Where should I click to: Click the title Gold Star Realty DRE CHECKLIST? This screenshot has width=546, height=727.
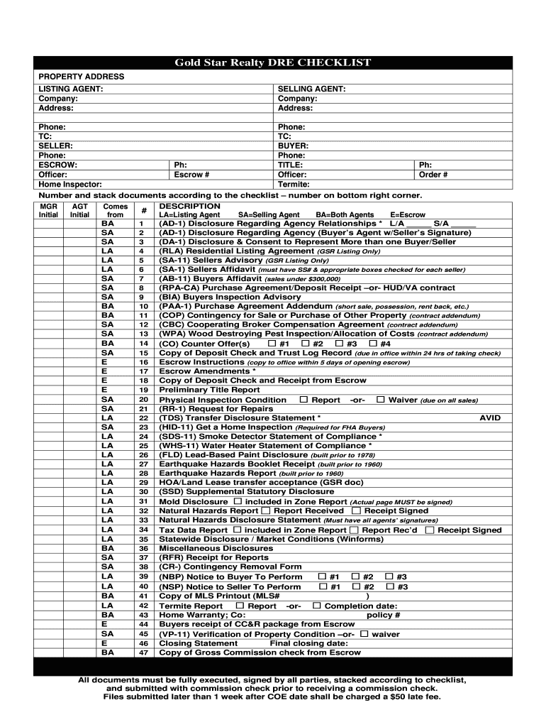(273, 63)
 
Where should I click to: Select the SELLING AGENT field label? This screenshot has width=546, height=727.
(311, 89)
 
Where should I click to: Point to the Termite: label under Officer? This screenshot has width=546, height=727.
(294, 184)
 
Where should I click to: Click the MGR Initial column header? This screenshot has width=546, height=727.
(48, 210)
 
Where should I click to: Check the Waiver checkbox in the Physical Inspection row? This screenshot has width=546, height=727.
(381, 400)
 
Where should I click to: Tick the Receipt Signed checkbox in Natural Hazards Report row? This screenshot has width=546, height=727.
(356, 510)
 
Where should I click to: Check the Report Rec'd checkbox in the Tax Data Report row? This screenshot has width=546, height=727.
(355, 530)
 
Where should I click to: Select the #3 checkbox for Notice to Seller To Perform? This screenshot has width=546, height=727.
(389, 586)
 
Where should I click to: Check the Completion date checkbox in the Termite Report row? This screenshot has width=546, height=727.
(317, 606)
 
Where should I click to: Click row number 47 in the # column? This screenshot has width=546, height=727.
(143, 652)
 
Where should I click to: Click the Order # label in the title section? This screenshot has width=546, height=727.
(433, 175)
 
